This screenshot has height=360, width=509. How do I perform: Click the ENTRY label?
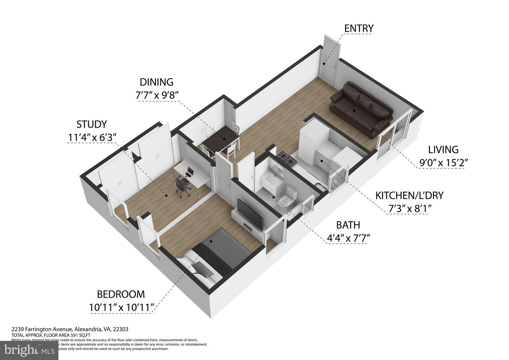[x=359, y=28]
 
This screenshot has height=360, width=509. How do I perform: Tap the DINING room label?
[x=157, y=82]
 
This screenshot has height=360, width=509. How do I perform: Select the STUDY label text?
[x=92, y=124]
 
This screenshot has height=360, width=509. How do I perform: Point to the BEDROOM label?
[x=121, y=294]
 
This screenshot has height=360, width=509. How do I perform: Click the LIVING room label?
[x=443, y=150]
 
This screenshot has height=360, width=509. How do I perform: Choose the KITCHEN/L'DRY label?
[x=409, y=195]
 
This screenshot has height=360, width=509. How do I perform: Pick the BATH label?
[x=348, y=225]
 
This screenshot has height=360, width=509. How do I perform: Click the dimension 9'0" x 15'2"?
[x=443, y=163]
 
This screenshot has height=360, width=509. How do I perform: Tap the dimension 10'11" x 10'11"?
[x=121, y=307]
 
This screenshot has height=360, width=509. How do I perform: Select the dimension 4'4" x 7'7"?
[x=348, y=238]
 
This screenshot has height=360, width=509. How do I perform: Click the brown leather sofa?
[x=360, y=106]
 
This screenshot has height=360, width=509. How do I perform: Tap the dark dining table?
[x=220, y=139]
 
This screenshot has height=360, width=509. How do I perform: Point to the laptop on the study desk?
[x=189, y=172]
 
